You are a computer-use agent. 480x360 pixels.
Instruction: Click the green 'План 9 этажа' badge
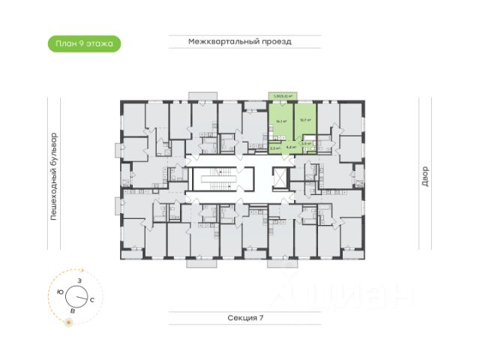click(x=83, y=43)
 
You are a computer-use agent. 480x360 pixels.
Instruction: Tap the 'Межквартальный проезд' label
click(x=240, y=42)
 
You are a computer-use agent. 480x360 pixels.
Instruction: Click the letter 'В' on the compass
click(x=72, y=309)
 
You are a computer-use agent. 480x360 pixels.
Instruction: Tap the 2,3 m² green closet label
click(x=274, y=148)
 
